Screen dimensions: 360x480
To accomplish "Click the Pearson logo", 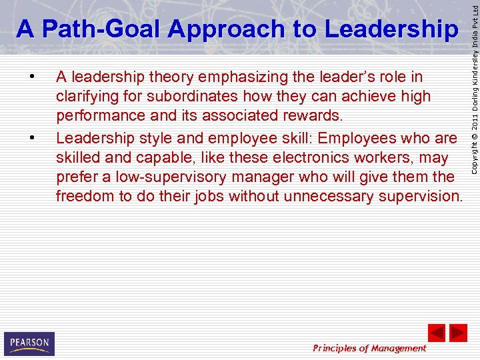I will [29, 343].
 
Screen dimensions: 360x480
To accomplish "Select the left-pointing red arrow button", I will [436, 333].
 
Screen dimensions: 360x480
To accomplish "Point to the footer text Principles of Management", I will [369, 348].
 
